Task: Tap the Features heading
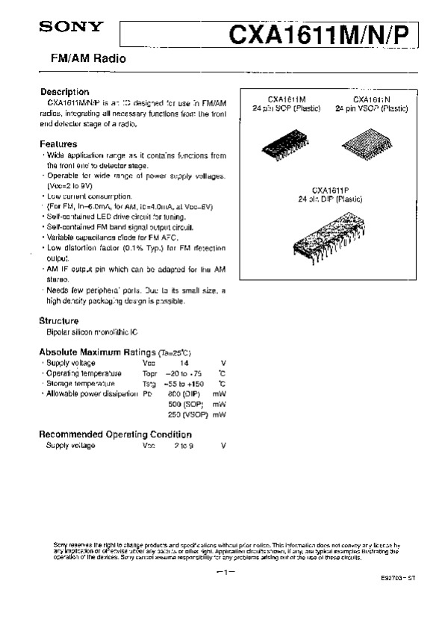(x=58, y=144)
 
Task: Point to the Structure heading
(x=59, y=320)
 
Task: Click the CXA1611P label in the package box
(x=329, y=190)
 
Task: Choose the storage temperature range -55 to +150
(x=184, y=383)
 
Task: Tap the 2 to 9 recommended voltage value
(x=184, y=445)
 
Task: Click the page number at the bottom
(x=224, y=572)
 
